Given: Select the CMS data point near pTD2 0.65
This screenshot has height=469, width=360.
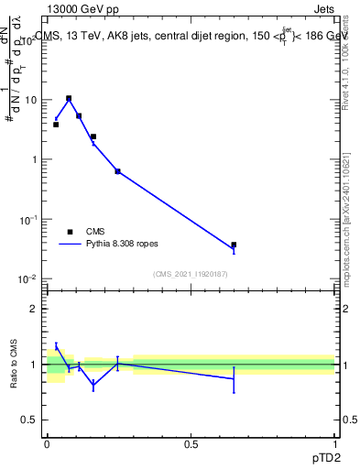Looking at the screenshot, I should (x=234, y=245).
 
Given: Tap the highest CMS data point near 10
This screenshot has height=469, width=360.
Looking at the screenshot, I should (x=69, y=98).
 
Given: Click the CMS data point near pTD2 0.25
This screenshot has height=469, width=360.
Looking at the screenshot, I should (x=117, y=171).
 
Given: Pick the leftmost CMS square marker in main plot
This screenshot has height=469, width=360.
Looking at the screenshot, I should (x=56, y=124).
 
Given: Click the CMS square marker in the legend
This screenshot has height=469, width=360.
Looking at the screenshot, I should (x=70, y=232).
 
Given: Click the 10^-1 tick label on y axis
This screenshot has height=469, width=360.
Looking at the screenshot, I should (x=29, y=220).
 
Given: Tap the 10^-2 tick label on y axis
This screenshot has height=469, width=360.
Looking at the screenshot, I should (x=29, y=279).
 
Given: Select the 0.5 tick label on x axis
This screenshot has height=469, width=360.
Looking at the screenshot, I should (x=191, y=444).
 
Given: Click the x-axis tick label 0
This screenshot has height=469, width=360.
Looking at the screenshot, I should (x=46, y=444).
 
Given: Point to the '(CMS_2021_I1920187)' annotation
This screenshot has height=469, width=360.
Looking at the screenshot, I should (x=191, y=274).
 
